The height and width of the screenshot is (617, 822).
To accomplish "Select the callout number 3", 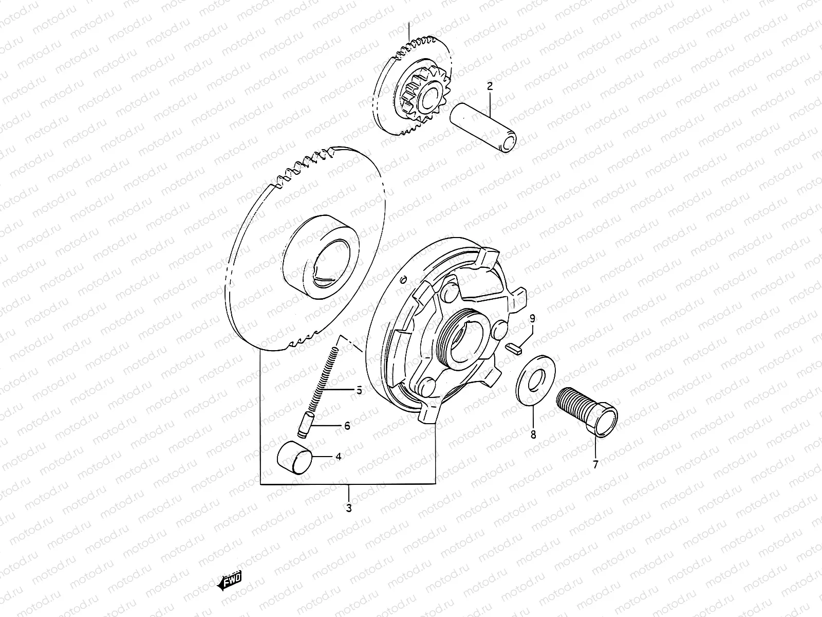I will point(349,509).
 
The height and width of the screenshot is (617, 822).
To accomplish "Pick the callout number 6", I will point(347,426).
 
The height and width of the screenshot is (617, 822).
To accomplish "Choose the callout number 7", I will point(596,465).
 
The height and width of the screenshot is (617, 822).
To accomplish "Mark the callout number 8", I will point(533,435).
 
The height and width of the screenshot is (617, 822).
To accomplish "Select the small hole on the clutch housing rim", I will point(404,279).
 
